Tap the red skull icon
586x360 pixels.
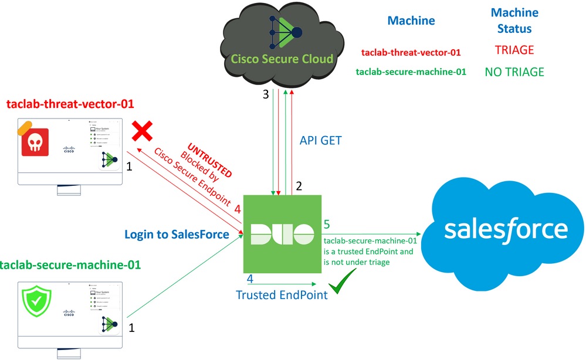click(x=35, y=140)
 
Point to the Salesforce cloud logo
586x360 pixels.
click(x=505, y=229)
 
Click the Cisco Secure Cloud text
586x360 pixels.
click(x=282, y=59)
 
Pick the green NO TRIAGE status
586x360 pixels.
click(x=514, y=72)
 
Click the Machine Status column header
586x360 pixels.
click(x=514, y=20)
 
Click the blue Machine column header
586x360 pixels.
click(x=411, y=21)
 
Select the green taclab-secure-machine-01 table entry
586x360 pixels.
click(x=411, y=72)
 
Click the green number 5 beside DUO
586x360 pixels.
click(x=327, y=224)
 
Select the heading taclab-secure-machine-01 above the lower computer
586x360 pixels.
click(x=70, y=264)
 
